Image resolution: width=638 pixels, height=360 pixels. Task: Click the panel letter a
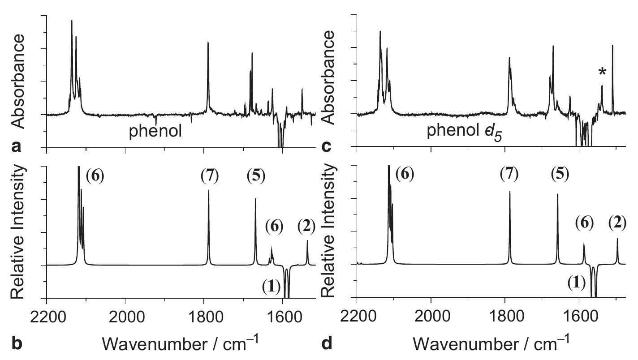click(x=17, y=146)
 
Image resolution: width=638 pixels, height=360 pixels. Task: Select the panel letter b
click(x=17, y=343)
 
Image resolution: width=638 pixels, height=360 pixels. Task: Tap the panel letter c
click(x=327, y=146)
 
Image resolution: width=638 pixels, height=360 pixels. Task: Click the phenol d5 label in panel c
click(x=464, y=132)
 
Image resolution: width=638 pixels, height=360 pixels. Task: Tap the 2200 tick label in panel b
click(x=47, y=315)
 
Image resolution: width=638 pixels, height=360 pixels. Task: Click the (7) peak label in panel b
click(x=210, y=176)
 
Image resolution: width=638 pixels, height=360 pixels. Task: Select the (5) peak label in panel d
click(x=560, y=175)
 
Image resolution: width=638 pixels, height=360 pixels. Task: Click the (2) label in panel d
click(x=617, y=222)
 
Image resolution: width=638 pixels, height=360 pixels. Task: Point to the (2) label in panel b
click(x=307, y=227)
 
